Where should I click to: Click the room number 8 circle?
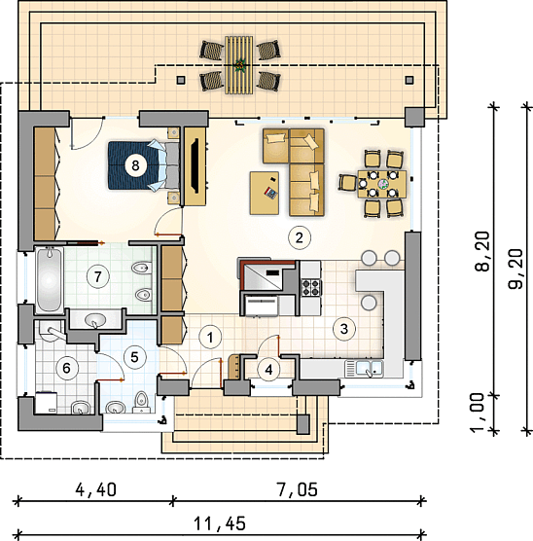pyautogui.click(x=135, y=165)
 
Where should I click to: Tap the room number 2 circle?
pyautogui.click(x=300, y=237)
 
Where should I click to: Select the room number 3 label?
pyautogui.click(x=344, y=329)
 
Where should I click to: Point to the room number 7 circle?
pyautogui.click(x=98, y=276)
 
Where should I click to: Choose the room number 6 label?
pyautogui.click(x=66, y=368)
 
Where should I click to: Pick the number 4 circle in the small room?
pyautogui.click(x=268, y=370)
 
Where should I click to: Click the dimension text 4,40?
pyautogui.click(x=96, y=489)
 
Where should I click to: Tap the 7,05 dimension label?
pyautogui.click(x=297, y=489)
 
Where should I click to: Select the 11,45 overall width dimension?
pyautogui.click(x=220, y=523)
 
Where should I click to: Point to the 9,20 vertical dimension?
pyautogui.click(x=516, y=269)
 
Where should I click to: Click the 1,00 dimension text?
pyautogui.click(x=478, y=413)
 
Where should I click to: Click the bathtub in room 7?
pyautogui.click(x=49, y=280)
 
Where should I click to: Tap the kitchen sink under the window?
pyautogui.click(x=364, y=369)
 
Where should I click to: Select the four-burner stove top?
pyautogui.click(x=311, y=287)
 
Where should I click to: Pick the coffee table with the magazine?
pyautogui.click(x=265, y=193)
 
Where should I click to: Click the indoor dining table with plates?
pyautogui.click(x=382, y=184)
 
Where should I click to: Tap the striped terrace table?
pyautogui.click(x=238, y=65)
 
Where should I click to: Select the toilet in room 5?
pyautogui.click(x=141, y=402)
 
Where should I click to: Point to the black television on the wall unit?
pyautogui.click(x=195, y=165)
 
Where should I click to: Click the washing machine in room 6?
pyautogui.click(x=47, y=402)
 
